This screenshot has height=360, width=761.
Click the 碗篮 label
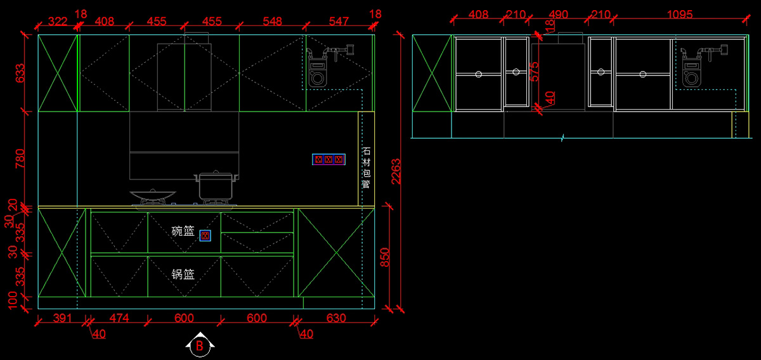[x=183, y=231]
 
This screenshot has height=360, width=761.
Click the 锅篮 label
[x=183, y=274]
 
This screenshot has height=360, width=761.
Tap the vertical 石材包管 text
[x=366, y=168]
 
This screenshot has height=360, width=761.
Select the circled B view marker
[x=199, y=346]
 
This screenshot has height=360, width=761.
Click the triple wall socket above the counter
[x=328, y=160]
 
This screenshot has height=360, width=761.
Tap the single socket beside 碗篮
[x=205, y=236]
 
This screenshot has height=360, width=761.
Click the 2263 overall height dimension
[x=396, y=171]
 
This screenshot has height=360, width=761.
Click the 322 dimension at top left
[x=57, y=22]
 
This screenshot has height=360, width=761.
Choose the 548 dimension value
[x=272, y=22]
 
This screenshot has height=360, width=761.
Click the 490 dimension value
[x=559, y=14]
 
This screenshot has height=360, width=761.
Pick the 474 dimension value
[x=119, y=318]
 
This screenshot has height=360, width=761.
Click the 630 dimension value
[x=335, y=318]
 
